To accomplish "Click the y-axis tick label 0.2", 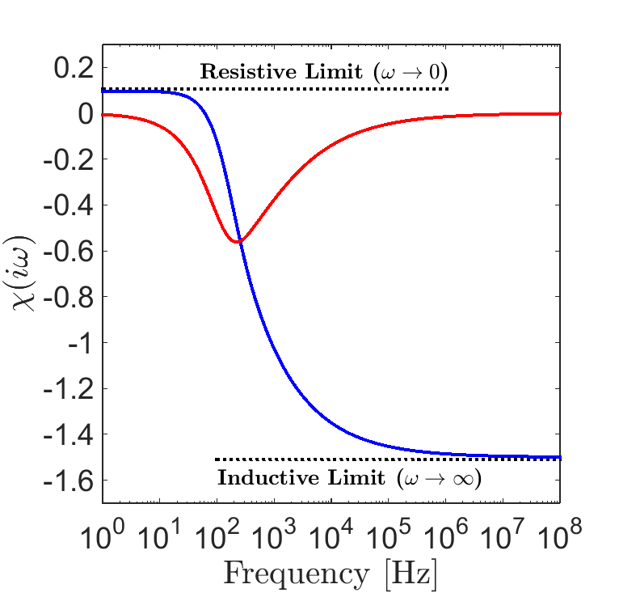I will [74, 68].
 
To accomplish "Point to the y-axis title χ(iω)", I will [24, 275].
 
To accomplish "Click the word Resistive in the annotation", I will [240, 71].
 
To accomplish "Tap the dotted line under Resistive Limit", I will [275, 88].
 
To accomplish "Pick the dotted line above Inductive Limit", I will [388, 459].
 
